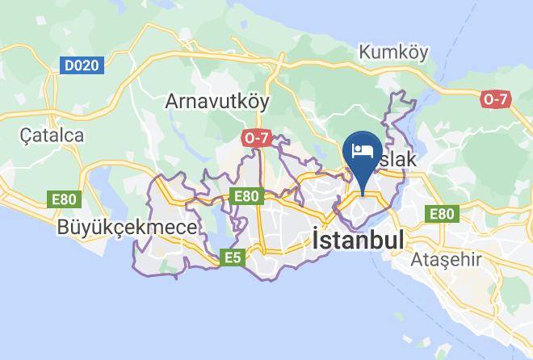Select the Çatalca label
coord(52,135)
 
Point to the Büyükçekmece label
coord(127,228)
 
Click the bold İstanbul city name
coord(358,241)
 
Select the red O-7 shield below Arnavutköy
coord(255,138)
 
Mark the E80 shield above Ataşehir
coord(441,213)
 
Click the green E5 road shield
coord(233,257)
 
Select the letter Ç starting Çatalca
coord(27,136)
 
